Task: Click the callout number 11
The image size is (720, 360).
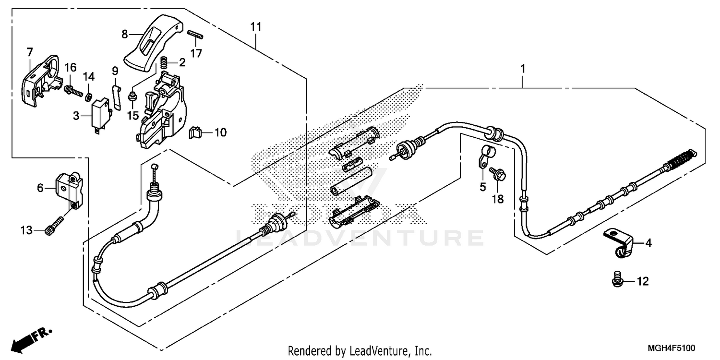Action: point(255,27)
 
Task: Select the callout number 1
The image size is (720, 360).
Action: point(523,69)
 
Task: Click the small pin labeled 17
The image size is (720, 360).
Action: point(195,35)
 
